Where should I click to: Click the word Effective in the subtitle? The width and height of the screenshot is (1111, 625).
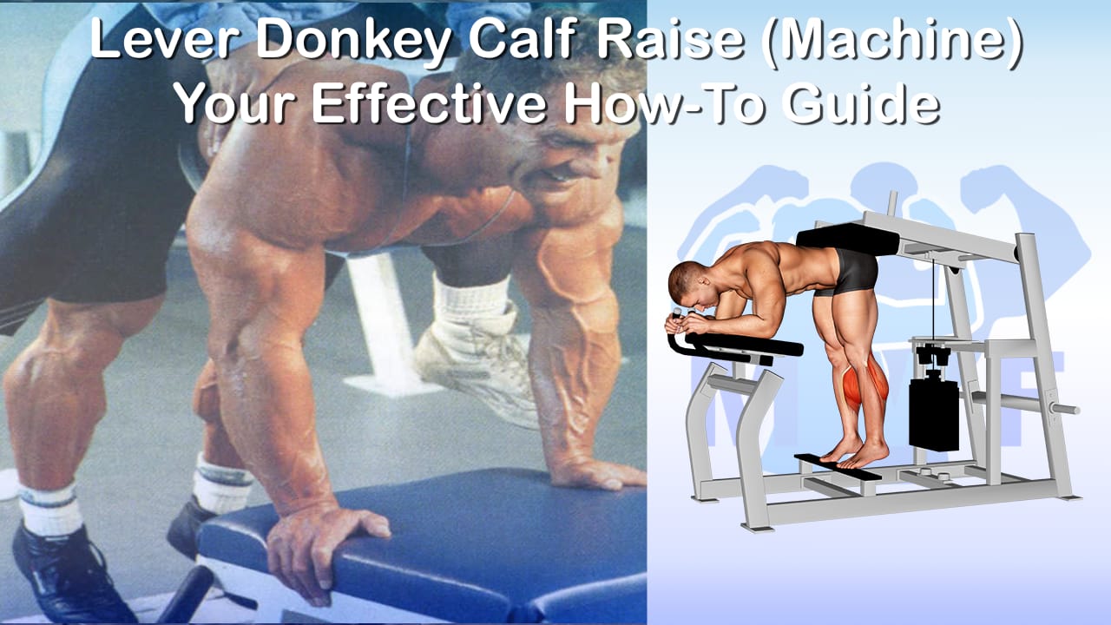pos(429,102)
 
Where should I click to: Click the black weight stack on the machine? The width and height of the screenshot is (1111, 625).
pos(934,414)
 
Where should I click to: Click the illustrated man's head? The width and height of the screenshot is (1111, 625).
pos(690,286)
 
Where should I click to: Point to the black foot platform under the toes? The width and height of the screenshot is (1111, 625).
pos(838,467)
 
